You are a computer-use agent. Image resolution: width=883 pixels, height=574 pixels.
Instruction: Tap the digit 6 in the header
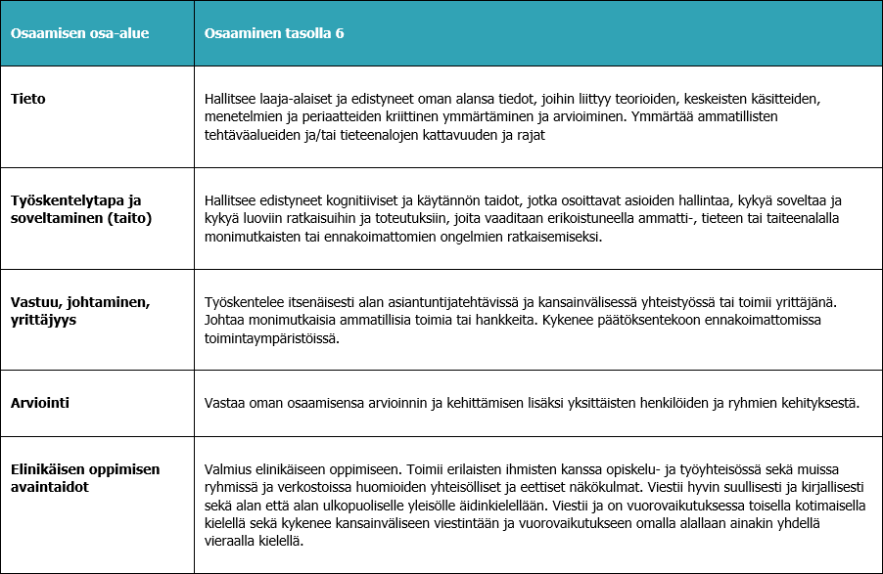tap(339, 33)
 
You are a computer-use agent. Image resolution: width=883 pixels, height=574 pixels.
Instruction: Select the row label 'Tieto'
tap(28, 99)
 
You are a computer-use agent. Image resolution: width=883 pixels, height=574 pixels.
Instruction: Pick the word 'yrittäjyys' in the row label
tap(45, 319)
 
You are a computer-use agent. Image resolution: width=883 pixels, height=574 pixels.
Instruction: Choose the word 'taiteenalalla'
tap(800, 218)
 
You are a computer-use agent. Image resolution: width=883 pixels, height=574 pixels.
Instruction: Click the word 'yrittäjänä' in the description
tap(820, 301)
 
